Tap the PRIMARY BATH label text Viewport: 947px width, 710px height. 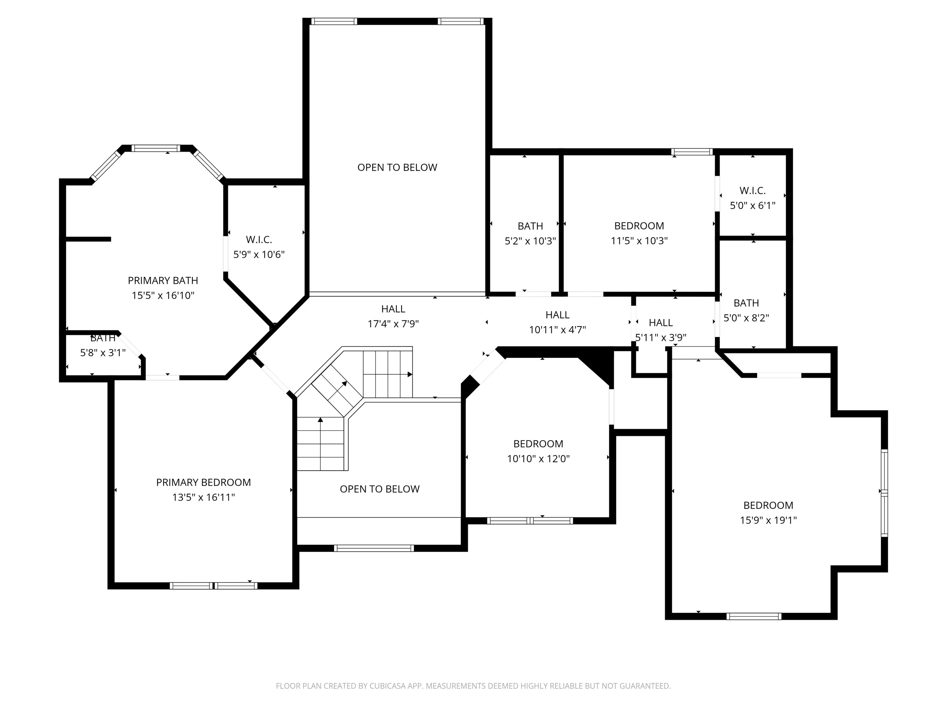coord(163,280)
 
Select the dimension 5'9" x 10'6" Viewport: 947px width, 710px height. coord(259,254)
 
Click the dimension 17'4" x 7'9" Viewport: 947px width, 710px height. coord(393,324)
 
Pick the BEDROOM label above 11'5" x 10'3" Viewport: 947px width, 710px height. coord(639,226)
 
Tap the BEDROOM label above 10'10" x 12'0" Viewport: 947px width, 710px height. coord(538,443)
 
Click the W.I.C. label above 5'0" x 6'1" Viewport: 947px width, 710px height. coord(752,190)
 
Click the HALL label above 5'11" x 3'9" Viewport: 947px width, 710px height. coord(661,323)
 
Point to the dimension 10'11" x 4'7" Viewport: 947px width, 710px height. coord(557,329)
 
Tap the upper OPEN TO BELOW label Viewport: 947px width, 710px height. coord(397,167)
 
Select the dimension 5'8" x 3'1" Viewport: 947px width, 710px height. coord(103,353)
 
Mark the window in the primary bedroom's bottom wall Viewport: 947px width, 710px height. coord(214,586)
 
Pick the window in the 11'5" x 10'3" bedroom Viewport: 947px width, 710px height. coord(692,152)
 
